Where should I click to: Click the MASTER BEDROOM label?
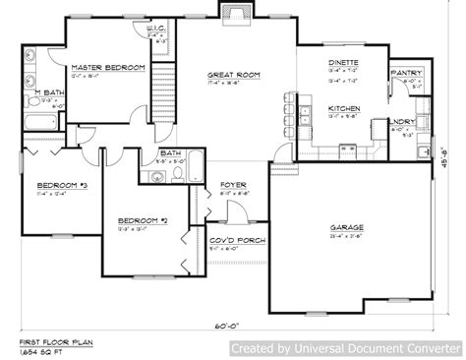point(108,67)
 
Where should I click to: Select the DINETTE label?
point(343,62)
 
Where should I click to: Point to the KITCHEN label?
point(343,107)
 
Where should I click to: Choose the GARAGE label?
point(347,226)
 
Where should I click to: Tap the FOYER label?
point(233,184)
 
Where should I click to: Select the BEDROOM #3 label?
point(55,185)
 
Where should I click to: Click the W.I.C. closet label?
point(155,30)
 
